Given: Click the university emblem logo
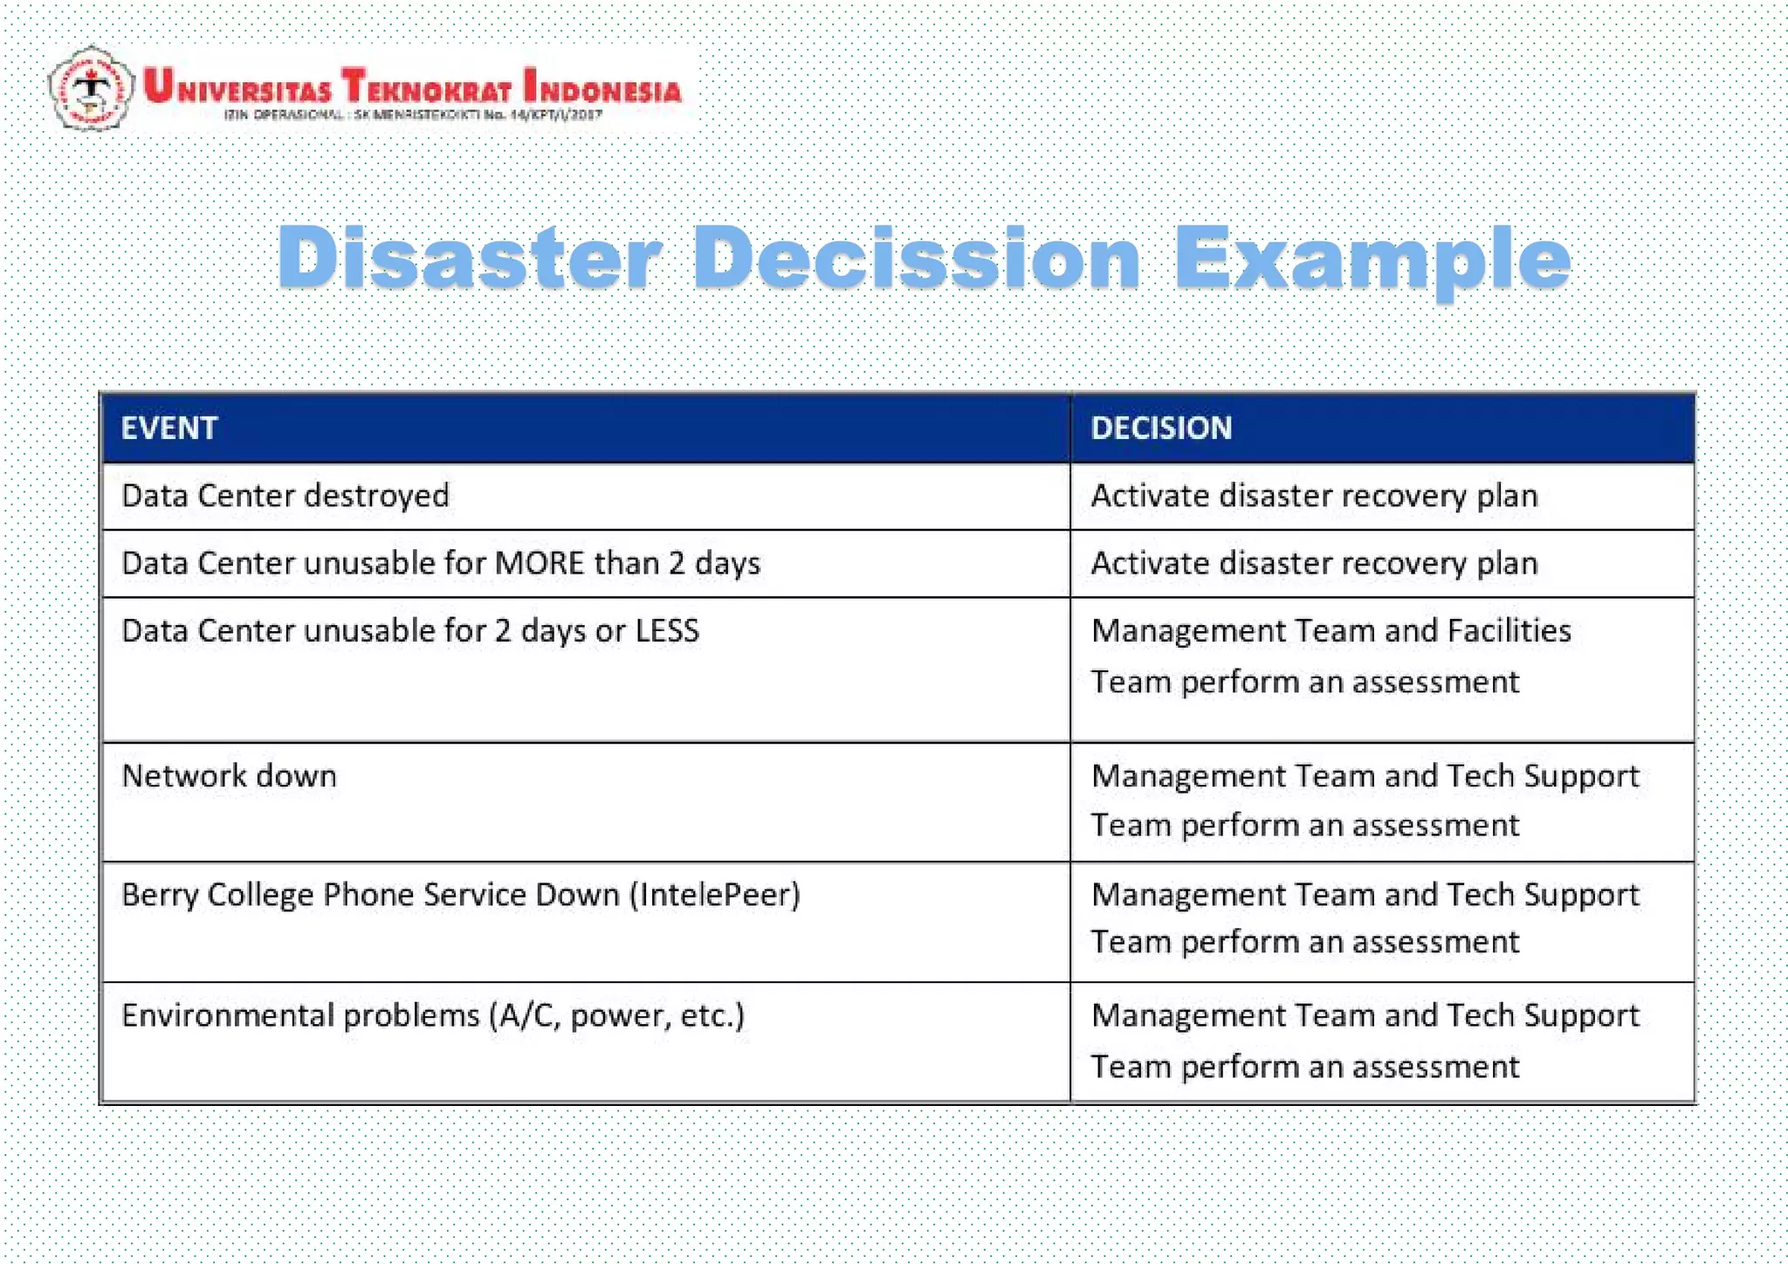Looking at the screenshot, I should (x=91, y=88).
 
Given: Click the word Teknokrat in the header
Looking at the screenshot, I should (x=426, y=87).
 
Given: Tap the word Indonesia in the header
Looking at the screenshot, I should (x=602, y=87).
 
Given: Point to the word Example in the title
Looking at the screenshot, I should (x=1372, y=258).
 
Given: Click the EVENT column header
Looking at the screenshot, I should (x=168, y=428).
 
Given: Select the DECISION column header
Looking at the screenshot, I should (x=1161, y=428).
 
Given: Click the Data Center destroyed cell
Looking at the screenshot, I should (x=285, y=496).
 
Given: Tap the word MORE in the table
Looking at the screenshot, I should (x=539, y=563).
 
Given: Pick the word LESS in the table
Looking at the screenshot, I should (x=667, y=630).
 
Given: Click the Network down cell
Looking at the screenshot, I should (x=229, y=776).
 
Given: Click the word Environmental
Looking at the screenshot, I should (x=226, y=1015).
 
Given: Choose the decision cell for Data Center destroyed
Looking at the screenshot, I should (x=1314, y=496).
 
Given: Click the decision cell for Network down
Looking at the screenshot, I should (x=1365, y=800).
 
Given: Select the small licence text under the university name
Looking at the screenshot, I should (x=412, y=114).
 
